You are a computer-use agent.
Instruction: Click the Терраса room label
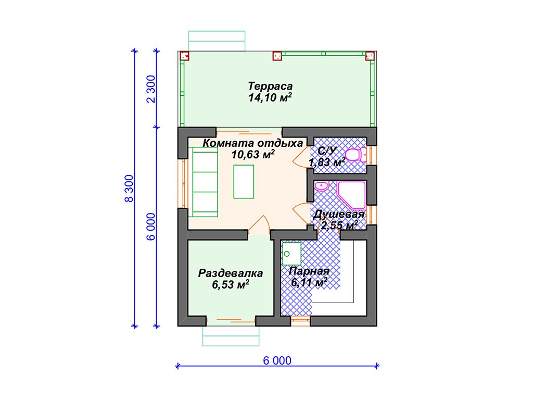coord(270,86)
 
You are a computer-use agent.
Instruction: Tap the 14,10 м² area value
coord(270,97)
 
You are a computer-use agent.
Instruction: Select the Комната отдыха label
coord(252,143)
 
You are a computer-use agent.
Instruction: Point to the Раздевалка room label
coord(231,273)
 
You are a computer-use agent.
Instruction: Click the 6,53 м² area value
coord(231,284)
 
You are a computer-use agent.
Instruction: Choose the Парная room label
coord(309,271)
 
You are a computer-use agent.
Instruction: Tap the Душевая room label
coord(339,214)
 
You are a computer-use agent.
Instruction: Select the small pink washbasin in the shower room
coord(321,186)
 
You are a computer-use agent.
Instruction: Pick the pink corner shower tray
coord(351,195)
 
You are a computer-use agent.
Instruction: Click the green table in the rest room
coord(244,182)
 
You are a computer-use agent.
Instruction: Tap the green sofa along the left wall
coord(205,182)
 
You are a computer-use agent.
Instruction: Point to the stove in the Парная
coord(291,254)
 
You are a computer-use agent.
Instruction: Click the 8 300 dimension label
coord(129,189)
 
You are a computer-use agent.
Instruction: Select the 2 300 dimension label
coord(151,89)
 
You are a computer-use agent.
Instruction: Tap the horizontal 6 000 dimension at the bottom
coord(277,360)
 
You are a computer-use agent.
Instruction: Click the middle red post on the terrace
coord(277,56)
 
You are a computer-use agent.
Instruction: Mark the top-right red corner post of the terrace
coord(370,56)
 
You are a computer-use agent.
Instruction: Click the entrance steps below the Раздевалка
coord(231,336)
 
